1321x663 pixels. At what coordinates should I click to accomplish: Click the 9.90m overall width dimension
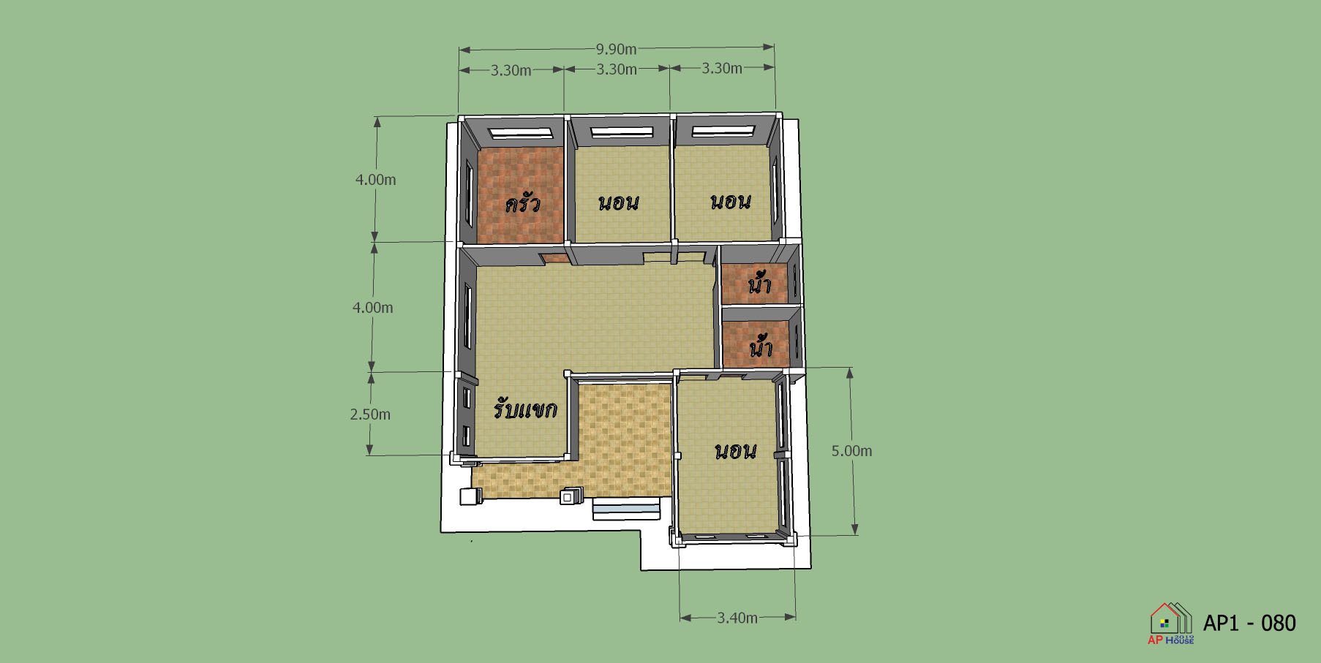click(x=616, y=49)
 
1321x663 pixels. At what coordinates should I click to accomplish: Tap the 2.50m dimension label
click(x=370, y=414)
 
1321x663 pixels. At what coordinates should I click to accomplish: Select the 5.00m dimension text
click(x=851, y=451)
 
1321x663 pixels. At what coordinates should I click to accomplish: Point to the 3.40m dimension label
click(x=737, y=618)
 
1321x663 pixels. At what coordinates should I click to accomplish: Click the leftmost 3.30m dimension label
click(x=511, y=70)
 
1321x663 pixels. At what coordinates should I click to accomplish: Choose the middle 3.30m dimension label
click(x=617, y=69)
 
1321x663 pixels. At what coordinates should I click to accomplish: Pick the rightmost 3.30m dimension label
click(x=722, y=68)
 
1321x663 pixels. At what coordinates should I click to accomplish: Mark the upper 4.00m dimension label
click(x=376, y=180)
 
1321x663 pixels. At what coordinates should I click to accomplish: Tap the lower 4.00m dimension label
click(x=373, y=308)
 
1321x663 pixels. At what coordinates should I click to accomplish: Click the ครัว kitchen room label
click(x=522, y=202)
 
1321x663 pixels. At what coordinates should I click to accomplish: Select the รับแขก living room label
click(x=525, y=408)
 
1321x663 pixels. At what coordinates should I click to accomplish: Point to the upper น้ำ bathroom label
click(x=760, y=282)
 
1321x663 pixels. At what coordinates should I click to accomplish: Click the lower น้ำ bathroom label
click(x=761, y=346)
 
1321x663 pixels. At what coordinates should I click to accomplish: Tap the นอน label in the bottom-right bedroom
click(x=735, y=451)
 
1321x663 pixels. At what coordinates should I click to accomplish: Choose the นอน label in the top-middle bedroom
click(x=619, y=202)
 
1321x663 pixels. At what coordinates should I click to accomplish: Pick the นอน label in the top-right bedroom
click(x=731, y=201)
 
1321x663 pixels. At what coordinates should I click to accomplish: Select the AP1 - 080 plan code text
click(x=1249, y=623)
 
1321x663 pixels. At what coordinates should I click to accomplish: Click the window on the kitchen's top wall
click(x=522, y=133)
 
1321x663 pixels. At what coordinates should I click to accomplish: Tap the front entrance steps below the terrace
click(x=627, y=509)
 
